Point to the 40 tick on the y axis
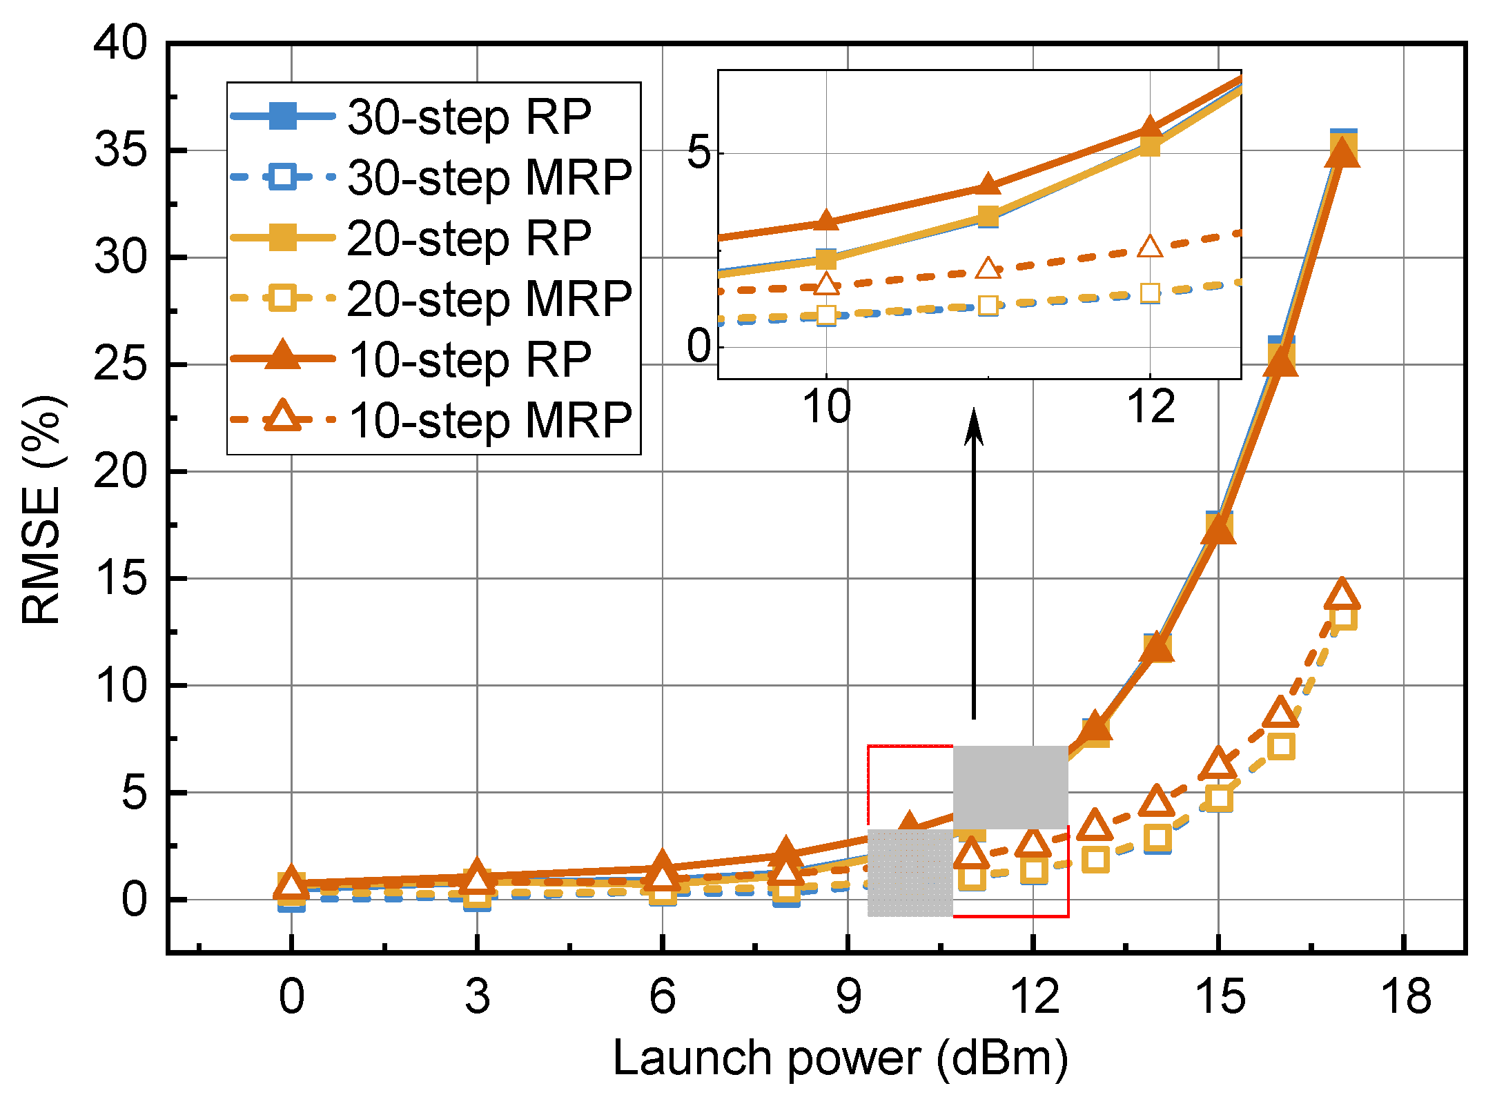120,43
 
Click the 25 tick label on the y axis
120,364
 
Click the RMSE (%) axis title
43,511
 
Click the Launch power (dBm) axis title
840,1058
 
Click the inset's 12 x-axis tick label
1151,406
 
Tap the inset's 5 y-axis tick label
698,152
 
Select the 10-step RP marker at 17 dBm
1342,152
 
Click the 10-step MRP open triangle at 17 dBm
1342,595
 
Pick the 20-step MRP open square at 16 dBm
1281,747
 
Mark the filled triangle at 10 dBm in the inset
826,221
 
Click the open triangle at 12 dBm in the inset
1150,246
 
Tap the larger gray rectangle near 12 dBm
1010,787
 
